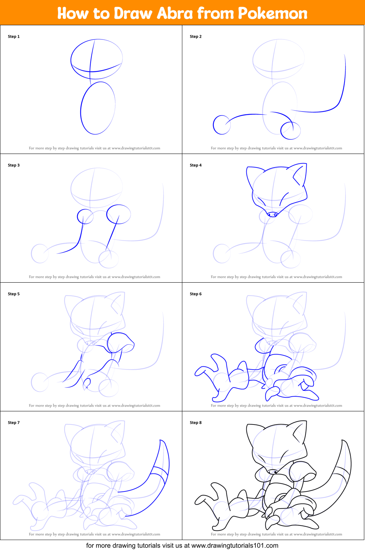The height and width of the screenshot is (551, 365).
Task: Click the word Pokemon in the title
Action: click(273, 13)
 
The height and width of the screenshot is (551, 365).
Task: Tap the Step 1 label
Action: click(14, 37)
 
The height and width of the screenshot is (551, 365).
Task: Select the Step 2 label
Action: click(195, 37)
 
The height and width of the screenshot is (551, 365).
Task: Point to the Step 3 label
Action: click(14, 165)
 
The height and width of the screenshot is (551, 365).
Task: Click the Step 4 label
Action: click(195, 165)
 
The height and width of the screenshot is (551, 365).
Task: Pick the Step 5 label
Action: click(14, 294)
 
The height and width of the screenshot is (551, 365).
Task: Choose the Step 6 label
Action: click(195, 294)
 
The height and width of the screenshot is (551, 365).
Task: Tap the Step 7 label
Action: click(14, 423)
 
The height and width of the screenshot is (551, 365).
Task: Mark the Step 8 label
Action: click(195, 423)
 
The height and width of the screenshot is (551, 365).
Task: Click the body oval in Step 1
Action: click(98, 108)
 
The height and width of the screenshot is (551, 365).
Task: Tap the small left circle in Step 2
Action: click(221, 125)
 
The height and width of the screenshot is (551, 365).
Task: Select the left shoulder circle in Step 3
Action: click(85, 216)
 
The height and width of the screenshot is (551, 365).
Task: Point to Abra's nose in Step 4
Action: click(272, 215)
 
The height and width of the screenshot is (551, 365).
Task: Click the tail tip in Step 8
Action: click(343, 442)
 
